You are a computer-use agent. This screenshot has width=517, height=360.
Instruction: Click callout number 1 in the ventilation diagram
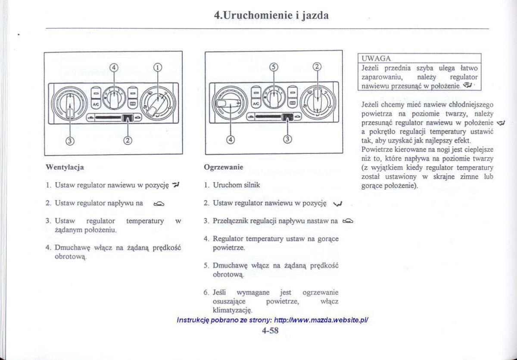(158, 67)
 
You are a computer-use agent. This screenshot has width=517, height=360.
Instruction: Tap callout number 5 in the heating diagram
(274, 67)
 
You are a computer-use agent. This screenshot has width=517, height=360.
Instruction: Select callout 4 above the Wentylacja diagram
(114, 68)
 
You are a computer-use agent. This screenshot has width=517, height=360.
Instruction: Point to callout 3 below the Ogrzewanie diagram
(288, 139)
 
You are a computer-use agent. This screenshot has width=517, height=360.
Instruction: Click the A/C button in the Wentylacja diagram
(96, 104)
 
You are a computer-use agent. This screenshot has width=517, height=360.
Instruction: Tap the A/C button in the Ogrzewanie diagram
(256, 103)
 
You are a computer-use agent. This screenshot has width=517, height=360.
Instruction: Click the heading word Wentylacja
(65, 167)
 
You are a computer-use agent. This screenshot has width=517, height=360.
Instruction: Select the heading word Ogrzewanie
(224, 167)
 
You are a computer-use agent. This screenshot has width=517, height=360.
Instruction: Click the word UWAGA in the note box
(376, 59)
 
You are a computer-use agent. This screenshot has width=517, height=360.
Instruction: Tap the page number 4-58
(270, 330)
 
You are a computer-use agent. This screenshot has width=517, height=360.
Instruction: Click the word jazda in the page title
(315, 15)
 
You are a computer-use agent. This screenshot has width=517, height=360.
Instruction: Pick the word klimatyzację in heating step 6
(232, 310)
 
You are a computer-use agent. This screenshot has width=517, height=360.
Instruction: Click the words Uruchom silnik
(237, 185)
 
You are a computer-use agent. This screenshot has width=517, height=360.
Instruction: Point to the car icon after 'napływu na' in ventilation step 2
(159, 203)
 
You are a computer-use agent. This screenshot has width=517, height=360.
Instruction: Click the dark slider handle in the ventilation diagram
(128, 118)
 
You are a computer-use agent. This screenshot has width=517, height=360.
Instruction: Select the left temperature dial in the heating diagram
(230, 103)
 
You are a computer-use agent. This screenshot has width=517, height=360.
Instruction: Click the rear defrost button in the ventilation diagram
(133, 103)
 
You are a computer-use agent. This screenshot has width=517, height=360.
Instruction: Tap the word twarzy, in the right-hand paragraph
(457, 114)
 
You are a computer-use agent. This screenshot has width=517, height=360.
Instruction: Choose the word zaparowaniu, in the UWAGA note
(382, 77)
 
